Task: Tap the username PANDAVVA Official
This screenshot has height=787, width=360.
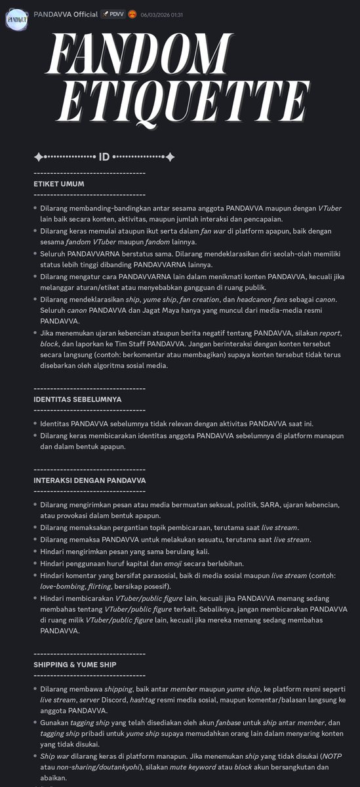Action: point(66,14)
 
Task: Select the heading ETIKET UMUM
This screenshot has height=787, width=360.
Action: point(60,184)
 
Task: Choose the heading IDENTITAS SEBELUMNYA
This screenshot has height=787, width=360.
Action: point(77,399)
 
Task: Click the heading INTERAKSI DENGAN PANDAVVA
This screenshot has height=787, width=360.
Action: point(89,480)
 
